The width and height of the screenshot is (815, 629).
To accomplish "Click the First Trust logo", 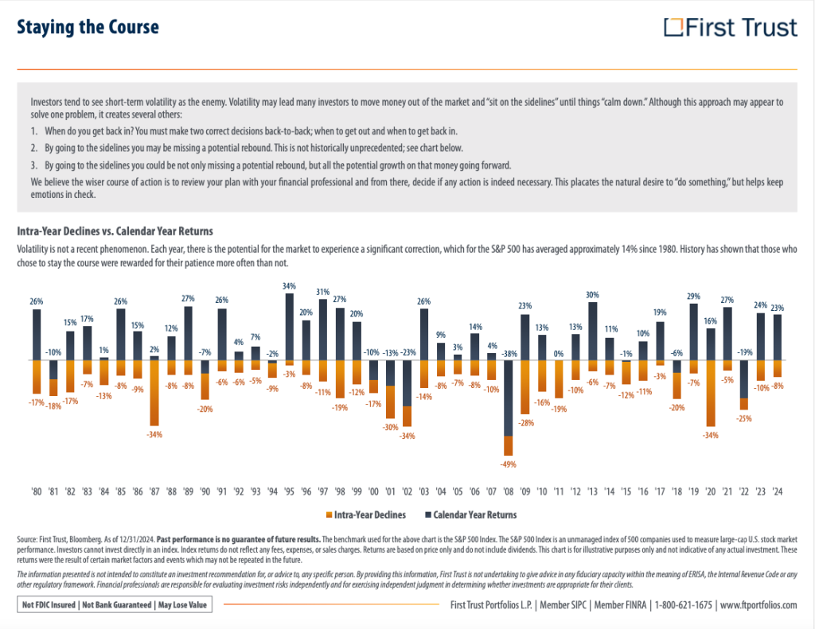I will point(731,28).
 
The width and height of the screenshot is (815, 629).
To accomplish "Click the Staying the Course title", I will point(88,28).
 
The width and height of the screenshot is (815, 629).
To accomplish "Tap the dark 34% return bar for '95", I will point(288,327).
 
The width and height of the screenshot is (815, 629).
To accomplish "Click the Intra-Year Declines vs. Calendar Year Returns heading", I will point(115,231).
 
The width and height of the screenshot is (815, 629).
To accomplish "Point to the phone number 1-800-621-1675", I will point(683,605).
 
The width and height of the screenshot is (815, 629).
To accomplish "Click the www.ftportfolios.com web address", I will point(758,605).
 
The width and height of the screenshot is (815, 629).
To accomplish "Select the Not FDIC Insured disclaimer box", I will point(117,605).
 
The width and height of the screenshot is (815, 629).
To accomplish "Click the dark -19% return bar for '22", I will point(744,379).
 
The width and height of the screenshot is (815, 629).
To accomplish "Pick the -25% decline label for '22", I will point(744,417).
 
